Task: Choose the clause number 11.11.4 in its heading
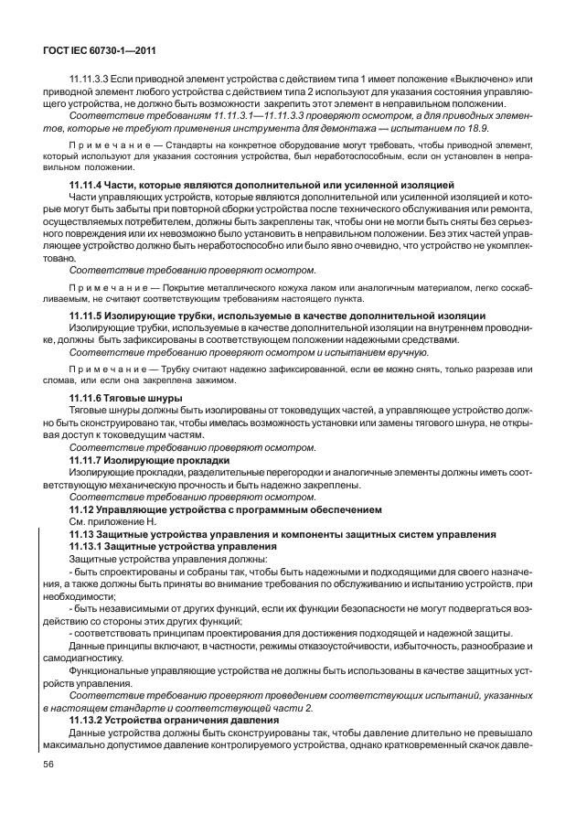pyautogui.click(x=87, y=185)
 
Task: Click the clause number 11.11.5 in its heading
pyautogui.click(x=87, y=316)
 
